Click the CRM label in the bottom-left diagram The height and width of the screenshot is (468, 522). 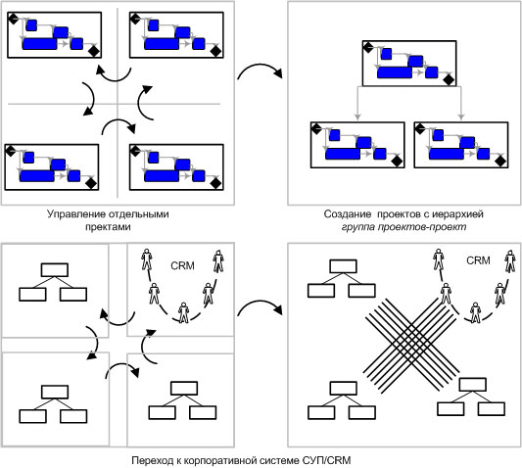coord(182,265)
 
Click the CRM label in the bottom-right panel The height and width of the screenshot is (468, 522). coord(478,260)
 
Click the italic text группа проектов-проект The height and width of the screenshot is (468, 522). coord(403,227)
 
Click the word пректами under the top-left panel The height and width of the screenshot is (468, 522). coord(108,227)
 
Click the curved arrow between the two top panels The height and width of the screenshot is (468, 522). coord(260,67)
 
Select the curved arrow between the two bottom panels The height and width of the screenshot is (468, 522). coord(260,303)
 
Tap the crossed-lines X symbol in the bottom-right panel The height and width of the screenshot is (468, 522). coord(411,345)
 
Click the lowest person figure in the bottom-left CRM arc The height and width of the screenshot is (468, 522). coord(184,312)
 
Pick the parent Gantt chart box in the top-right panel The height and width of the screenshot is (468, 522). coord(409,64)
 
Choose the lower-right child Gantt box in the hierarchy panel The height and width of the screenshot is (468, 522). coord(461,145)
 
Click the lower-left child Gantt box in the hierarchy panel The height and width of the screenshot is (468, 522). coord(357,145)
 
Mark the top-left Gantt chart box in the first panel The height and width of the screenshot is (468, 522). coord(54,35)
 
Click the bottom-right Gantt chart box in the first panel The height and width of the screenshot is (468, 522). coord(176,167)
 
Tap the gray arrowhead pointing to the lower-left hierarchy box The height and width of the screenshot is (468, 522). coord(357,117)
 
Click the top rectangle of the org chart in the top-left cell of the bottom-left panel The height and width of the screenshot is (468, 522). coord(55,270)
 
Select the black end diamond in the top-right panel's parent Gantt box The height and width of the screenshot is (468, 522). coord(450,80)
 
